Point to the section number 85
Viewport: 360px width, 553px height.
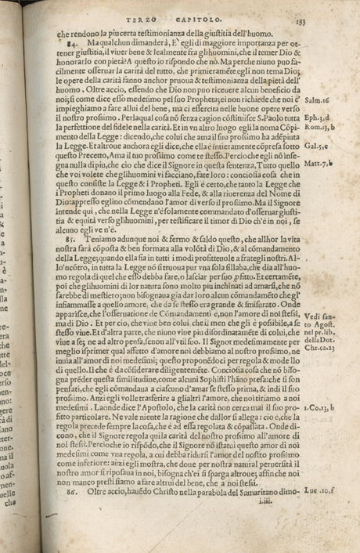(68, 222)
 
